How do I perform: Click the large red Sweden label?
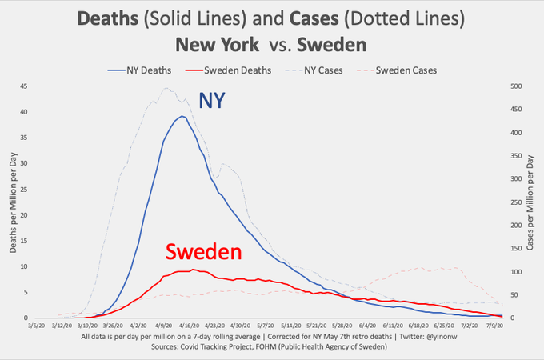pyautogui.click(x=203, y=253)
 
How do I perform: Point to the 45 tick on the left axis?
pyautogui.click(x=23, y=86)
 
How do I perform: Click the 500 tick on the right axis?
pyautogui.click(x=515, y=86)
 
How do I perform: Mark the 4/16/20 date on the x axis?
pyautogui.click(x=189, y=326)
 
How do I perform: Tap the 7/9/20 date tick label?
pyautogui.click(x=494, y=326)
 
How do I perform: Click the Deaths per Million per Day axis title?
pyautogui.click(x=12, y=203)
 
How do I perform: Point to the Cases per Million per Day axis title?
pyautogui.click(x=530, y=202)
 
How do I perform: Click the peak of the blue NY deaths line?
pyautogui.click(x=182, y=116)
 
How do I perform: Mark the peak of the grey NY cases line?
pyautogui.click(x=166, y=88)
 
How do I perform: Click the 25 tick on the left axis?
pyautogui.click(x=23, y=190)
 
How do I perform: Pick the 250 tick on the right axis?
pyautogui.click(x=515, y=202)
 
